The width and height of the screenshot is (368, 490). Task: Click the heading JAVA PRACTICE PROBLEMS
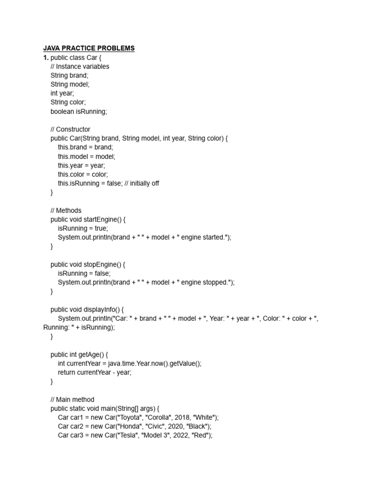89,48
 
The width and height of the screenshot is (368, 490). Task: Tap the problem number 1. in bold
46,57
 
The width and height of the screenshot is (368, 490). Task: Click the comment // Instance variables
80,67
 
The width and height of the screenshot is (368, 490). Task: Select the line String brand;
69,76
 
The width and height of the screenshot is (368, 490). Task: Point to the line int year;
62,93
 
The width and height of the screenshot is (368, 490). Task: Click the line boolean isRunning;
79,111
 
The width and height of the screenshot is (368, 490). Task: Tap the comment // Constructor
70,129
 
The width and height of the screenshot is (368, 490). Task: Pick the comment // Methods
66,211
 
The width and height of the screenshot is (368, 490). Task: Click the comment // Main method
72,400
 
